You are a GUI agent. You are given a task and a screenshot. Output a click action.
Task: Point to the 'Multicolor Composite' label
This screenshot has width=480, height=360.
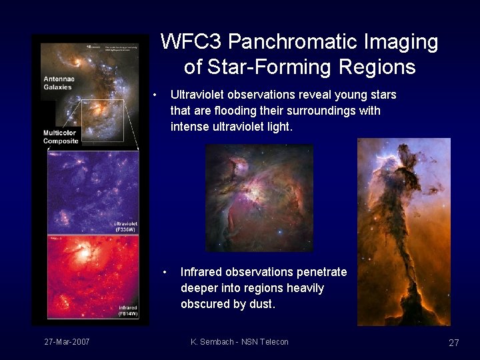[x=61, y=137]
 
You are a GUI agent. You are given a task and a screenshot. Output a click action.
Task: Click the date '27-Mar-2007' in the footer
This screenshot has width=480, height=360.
[x=67, y=342]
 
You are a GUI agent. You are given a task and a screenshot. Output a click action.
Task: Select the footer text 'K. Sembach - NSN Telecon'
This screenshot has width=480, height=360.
[x=239, y=342]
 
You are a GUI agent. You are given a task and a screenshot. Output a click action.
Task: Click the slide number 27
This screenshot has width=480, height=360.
[x=453, y=343]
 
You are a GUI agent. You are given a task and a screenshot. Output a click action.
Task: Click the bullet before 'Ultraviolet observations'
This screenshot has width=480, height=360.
[x=155, y=95]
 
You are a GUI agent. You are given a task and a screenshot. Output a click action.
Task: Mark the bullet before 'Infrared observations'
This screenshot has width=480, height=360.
[x=167, y=272]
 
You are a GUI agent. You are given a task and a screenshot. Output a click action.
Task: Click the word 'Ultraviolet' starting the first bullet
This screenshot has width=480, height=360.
[x=199, y=95]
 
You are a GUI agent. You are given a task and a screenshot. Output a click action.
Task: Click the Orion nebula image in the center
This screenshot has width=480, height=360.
[x=259, y=198]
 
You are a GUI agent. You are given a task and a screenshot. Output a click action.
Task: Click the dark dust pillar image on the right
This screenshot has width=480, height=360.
[x=403, y=231]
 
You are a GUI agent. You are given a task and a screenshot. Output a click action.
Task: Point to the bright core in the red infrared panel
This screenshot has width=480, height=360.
[x=85, y=253]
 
